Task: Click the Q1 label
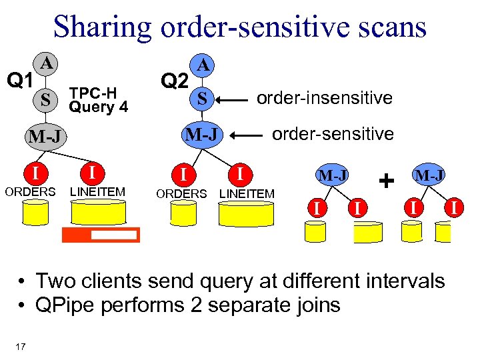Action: pyautogui.click(x=20, y=81)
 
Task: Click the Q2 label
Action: pyautogui.click(x=175, y=81)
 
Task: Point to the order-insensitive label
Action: pyautogui.click(x=325, y=98)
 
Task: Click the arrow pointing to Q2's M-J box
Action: pyautogui.click(x=251, y=135)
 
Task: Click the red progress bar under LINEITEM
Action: pyautogui.click(x=101, y=235)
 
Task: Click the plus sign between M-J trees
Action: pyautogui.click(x=385, y=180)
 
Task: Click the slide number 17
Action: pyautogui.click(x=20, y=345)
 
